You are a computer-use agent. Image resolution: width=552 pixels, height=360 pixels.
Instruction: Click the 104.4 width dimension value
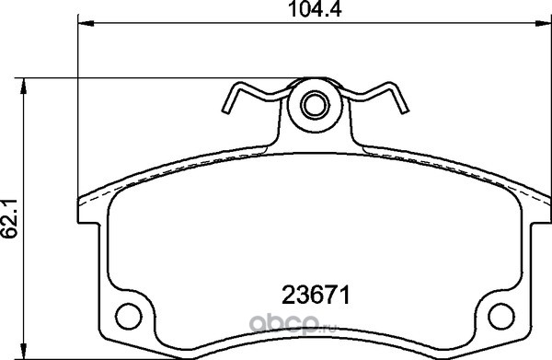point(315,9)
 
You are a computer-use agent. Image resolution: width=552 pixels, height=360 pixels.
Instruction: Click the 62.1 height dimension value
point(9,219)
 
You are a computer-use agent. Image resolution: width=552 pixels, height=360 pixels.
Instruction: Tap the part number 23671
point(316,296)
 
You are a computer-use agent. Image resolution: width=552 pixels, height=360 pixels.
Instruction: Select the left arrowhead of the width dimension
point(86,24)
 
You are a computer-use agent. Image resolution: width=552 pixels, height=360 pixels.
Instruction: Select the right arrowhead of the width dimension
point(543,24)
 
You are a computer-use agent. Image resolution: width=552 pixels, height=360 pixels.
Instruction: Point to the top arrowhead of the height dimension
point(24,87)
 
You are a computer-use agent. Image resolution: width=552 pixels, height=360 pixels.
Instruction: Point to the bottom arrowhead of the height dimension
point(24,351)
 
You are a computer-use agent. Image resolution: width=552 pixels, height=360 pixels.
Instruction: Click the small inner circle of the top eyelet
point(315,105)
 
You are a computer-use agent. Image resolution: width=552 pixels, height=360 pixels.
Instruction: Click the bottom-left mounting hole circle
point(129,317)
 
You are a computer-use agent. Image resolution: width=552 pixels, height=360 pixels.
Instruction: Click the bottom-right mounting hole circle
point(501,317)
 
